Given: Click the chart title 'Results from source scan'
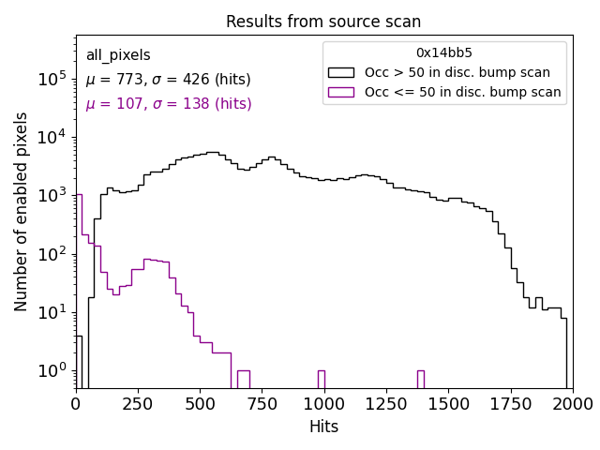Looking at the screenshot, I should (323, 22).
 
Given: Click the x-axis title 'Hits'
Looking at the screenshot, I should (323, 427).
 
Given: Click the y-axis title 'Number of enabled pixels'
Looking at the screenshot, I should (22, 211).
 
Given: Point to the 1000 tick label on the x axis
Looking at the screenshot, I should (324, 404).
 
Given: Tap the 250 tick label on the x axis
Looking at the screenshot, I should (138, 404).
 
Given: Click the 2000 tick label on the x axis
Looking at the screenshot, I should (572, 404).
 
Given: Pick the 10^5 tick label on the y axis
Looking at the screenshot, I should (52, 80).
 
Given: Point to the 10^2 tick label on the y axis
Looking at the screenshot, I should (52, 254).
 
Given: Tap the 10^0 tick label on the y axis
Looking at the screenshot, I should (52, 371).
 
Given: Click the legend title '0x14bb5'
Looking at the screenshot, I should (444, 53).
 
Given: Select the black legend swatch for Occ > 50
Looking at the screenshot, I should (342, 72).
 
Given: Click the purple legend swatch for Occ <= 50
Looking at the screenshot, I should (342, 92).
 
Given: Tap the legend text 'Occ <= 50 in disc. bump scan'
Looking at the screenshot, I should (462, 92).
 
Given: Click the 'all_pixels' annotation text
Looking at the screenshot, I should (118, 55).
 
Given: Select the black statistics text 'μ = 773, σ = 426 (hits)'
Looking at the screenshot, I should (168, 80).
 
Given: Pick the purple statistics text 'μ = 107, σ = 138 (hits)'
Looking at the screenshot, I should (168, 104).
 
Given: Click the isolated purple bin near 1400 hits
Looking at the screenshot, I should (420, 379).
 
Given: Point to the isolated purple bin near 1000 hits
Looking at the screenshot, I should (321, 379).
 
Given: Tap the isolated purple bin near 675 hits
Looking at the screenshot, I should (243, 379).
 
